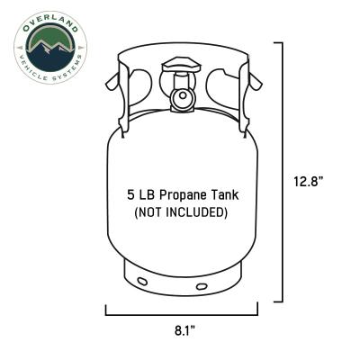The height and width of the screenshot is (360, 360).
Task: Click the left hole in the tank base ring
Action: [x=143, y=282]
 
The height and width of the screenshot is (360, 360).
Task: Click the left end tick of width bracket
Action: [x=106, y=310]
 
